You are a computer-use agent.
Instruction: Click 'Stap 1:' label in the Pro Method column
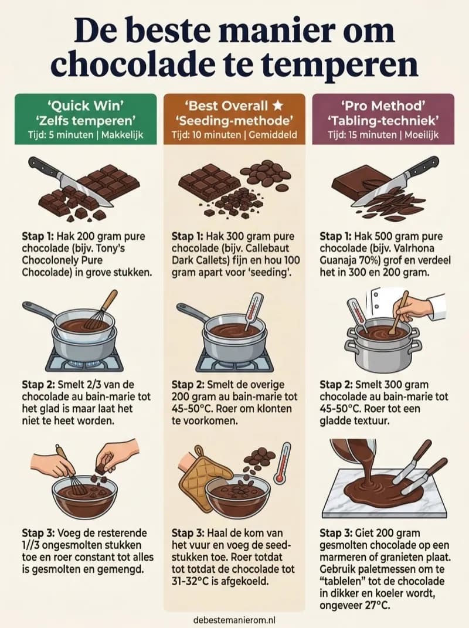click(x=337, y=236)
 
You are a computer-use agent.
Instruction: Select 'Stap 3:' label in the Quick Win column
click(x=39, y=533)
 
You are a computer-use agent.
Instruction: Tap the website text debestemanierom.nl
click(x=235, y=619)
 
